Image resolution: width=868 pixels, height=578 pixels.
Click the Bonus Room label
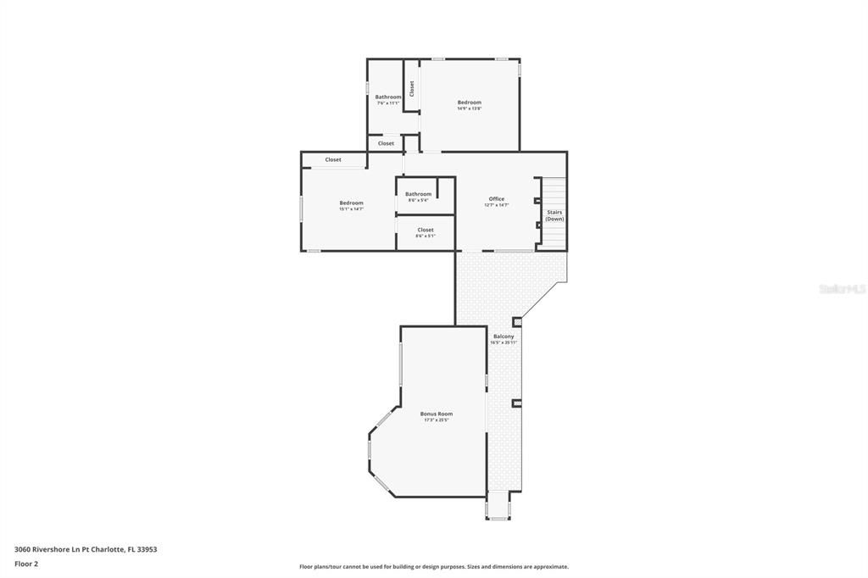(437, 414)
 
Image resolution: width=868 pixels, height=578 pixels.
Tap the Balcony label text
(504, 336)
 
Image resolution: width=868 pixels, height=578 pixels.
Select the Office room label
(497, 199)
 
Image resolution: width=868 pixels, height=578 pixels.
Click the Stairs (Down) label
(554, 215)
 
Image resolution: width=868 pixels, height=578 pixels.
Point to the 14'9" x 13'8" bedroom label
(469, 103)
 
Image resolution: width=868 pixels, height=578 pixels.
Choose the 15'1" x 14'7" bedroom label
(351, 203)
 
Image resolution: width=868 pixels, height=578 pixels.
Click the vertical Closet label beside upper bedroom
(412, 88)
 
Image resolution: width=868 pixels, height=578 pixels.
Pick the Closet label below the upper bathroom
(386, 143)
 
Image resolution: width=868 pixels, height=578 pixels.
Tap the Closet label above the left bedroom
(333, 159)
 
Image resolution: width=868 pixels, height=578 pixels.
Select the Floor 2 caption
(26, 564)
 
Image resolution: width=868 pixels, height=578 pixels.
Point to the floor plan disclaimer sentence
(433, 567)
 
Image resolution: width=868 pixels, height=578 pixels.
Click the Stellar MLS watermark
(842, 289)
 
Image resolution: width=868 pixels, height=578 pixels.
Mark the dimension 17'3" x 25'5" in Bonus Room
(437, 420)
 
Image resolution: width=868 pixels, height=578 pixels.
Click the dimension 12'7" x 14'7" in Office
(497, 205)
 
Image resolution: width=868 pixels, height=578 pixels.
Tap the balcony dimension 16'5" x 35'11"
(504, 342)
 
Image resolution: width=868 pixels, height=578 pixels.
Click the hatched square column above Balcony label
(517, 322)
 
